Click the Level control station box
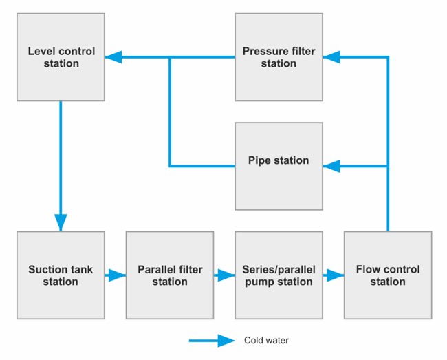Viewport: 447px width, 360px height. [61, 57]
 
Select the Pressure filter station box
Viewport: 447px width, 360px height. [279, 57]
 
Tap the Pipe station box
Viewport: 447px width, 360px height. [279, 166]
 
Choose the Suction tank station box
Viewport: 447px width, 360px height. [61, 275]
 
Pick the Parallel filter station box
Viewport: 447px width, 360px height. [170, 275]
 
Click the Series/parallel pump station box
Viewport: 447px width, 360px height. [279, 275]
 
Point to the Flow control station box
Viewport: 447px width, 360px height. [388, 275]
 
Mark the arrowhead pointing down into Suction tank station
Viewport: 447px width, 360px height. [61, 222]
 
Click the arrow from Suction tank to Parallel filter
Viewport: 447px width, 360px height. [116, 275]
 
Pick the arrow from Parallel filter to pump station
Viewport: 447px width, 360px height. [224, 275]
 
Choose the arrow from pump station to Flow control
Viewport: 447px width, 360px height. [334, 275]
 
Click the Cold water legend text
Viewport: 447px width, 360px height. [265, 340]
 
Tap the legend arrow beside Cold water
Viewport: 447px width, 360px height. [213, 340]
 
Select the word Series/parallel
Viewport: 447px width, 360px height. [279, 269]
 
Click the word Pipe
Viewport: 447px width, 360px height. [259, 161]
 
